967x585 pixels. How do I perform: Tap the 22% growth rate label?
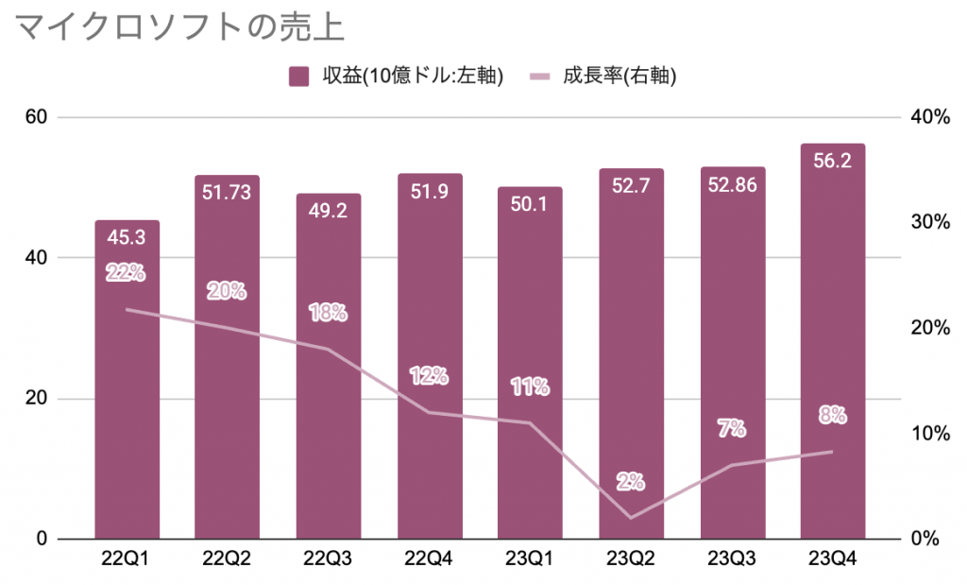click(x=126, y=273)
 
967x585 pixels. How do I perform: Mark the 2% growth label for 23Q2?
click(x=631, y=481)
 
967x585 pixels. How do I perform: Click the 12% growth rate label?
click(x=429, y=375)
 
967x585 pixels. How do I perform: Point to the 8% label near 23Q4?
click(x=832, y=414)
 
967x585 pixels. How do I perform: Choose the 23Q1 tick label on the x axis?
click(x=530, y=559)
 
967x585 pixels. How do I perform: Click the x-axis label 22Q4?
click(x=429, y=559)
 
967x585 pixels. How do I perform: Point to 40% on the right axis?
click(x=930, y=117)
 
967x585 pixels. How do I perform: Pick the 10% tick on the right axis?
click(x=930, y=434)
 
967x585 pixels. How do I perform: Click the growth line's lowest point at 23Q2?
click(x=631, y=518)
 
